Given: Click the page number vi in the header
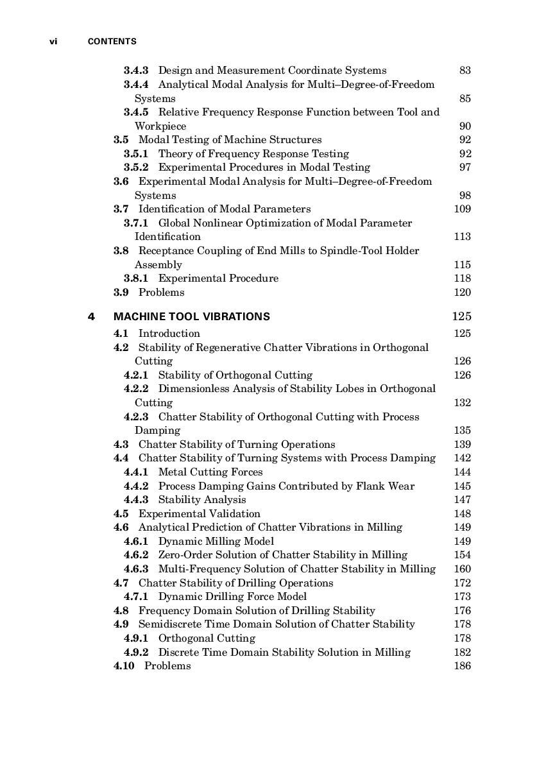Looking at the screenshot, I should [54, 42].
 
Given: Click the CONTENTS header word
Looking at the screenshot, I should [112, 42].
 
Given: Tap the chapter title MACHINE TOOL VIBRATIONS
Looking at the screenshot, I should [191, 316].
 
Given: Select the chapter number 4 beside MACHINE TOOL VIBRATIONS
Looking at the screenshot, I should [91, 316].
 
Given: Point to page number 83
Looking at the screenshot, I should [465, 71].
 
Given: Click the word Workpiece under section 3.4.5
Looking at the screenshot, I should [160, 126].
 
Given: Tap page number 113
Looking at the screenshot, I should [462, 237].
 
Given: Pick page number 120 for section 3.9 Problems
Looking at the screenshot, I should [462, 293].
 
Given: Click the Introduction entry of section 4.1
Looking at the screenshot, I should [169, 334].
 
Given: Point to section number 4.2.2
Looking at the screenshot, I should [136, 389].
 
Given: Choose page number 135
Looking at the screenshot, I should [462, 431].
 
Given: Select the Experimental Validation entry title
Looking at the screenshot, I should [200, 514].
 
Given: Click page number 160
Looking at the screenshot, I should [462, 569].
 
